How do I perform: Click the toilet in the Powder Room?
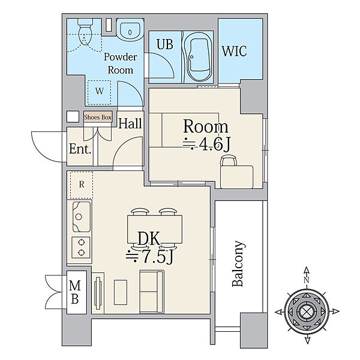[85, 32]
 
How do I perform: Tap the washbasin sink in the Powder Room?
[130, 30]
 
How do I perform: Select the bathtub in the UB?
[197, 57]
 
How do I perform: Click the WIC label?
[234, 51]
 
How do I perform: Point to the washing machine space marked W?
[100, 92]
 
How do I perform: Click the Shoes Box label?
[98, 118]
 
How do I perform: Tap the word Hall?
[130, 124]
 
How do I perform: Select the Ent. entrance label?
[80, 149]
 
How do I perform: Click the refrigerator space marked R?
[82, 185]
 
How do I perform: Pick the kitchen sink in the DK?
[82, 217]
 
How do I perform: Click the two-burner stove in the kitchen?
[81, 248]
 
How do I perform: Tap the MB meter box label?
[75, 292]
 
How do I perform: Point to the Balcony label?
[238, 263]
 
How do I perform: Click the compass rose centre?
[307, 311]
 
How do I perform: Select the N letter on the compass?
[307, 280]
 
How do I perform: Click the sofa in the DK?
[152, 292]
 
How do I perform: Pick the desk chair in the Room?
[228, 160]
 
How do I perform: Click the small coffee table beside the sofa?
[121, 292]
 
